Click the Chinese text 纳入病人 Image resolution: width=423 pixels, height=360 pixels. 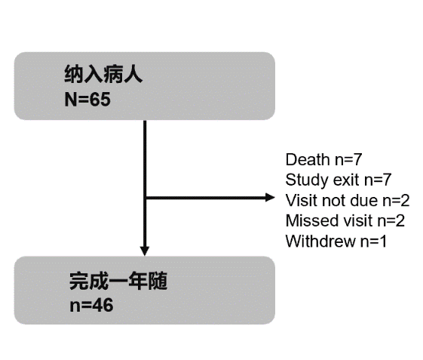point(103,74)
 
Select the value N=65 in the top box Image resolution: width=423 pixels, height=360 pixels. point(87,99)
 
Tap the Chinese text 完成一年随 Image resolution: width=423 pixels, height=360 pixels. point(118,281)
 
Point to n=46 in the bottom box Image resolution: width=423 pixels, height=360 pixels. point(91,306)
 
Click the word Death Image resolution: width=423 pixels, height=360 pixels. point(308,159)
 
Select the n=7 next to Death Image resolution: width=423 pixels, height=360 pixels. point(348,159)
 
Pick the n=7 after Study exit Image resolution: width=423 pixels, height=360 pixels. point(378,180)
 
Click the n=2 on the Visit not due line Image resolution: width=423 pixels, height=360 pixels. point(396,201)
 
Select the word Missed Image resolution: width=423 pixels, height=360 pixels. point(311,220)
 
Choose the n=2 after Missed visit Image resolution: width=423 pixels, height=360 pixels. point(391,220)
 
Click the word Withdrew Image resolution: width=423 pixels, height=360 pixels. point(320,241)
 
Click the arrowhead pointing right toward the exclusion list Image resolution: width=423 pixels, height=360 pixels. point(270,198)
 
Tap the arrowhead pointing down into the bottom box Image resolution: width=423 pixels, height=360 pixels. point(145,251)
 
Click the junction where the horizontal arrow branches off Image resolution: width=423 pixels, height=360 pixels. point(145,198)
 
